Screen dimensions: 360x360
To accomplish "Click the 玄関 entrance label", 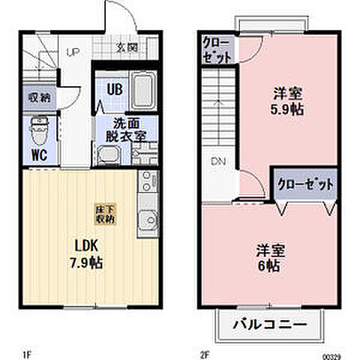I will [x=127, y=47].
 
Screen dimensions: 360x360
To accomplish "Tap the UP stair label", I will [x=73, y=52].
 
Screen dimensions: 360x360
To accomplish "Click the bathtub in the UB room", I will [x=142, y=90].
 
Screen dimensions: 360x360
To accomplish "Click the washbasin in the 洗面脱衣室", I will [x=109, y=155].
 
